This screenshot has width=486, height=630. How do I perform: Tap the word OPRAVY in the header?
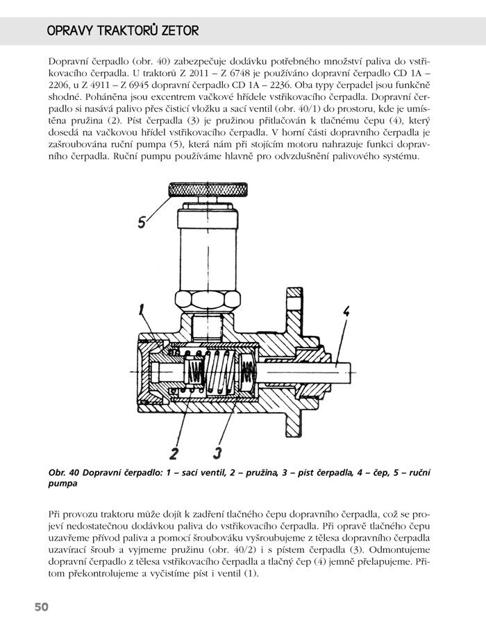coord(70,31)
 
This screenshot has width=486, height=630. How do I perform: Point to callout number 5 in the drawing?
coord(141,222)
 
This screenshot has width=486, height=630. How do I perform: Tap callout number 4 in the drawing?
coord(345,312)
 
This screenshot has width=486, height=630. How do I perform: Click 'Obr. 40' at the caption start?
coord(64,472)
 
